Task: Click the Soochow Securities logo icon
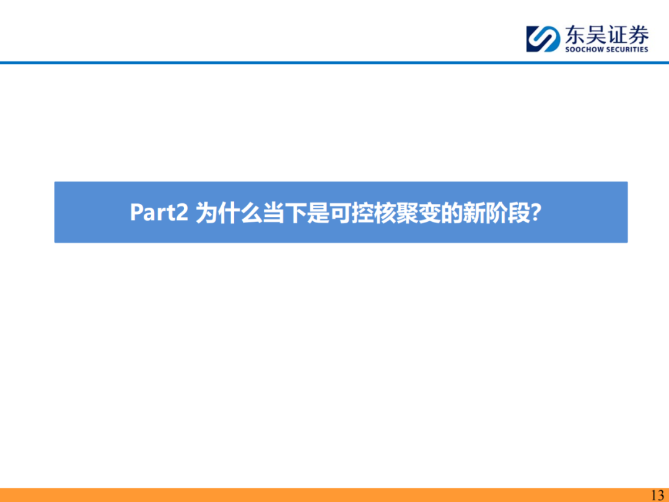[543, 39]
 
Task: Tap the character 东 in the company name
[574, 35]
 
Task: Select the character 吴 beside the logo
[596, 35]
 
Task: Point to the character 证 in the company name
[617, 35]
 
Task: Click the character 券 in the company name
[638, 35]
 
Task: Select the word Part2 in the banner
[159, 212]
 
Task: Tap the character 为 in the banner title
[206, 212]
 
